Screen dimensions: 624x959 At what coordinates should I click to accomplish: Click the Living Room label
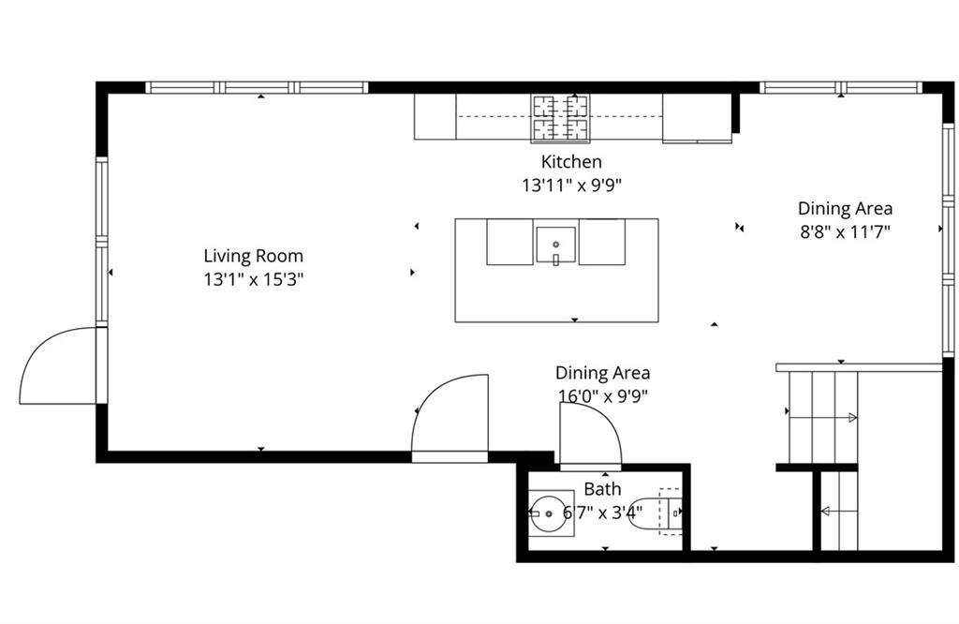[x=254, y=256]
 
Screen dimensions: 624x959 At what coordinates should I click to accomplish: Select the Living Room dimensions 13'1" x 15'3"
[x=254, y=278]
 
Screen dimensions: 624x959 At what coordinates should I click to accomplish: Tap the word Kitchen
[x=571, y=162]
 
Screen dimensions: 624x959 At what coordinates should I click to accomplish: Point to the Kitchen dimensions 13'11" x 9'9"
[x=571, y=186]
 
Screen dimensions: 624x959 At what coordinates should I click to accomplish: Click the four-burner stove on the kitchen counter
[x=562, y=117]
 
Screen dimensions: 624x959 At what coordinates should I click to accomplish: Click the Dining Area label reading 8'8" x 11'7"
[x=845, y=230]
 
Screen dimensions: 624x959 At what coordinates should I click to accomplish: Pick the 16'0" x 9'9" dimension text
[x=602, y=395]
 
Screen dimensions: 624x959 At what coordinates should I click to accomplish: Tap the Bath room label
[x=602, y=489]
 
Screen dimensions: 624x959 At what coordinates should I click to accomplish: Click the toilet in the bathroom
[x=659, y=513]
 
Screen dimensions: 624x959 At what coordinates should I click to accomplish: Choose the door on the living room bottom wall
[x=450, y=417]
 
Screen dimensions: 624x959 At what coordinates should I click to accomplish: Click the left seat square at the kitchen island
[x=509, y=243]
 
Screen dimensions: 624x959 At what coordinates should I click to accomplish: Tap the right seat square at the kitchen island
[x=601, y=243]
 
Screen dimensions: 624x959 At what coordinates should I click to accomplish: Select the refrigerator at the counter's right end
[x=697, y=118]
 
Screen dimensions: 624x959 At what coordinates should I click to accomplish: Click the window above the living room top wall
[x=257, y=88]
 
